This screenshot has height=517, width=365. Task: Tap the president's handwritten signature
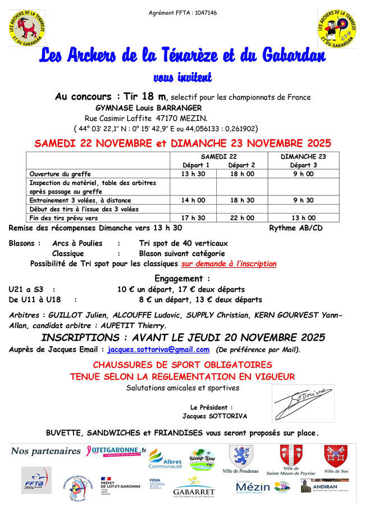(302, 402)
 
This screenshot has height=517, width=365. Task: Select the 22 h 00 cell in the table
(241, 218)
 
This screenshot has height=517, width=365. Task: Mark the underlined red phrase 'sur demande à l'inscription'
(229, 264)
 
